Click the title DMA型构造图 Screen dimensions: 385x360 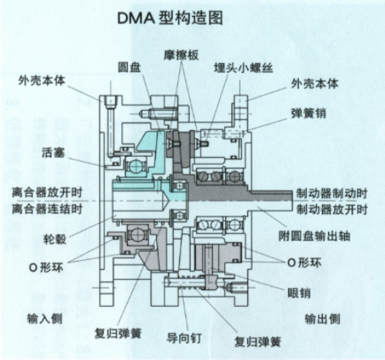170,18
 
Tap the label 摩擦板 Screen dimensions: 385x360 181,55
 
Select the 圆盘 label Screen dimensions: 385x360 129,68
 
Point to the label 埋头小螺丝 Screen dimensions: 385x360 243,68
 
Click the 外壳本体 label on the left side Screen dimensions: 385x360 41,81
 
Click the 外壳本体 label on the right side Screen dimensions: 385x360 314,84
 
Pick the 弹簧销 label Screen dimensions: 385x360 308,113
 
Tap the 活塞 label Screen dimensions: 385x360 53,153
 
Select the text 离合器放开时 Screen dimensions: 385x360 47,192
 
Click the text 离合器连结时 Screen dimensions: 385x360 47,208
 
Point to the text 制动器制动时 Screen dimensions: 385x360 332,193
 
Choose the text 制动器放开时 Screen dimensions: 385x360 332,209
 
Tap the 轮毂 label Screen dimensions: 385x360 55,239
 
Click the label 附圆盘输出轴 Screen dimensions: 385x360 314,236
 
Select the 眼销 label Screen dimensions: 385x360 299,293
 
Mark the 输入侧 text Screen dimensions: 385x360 45,318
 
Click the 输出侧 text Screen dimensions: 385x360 322,319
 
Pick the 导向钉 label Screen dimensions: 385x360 184,338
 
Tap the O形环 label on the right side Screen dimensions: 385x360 304,262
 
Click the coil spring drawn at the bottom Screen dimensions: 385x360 191,282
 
